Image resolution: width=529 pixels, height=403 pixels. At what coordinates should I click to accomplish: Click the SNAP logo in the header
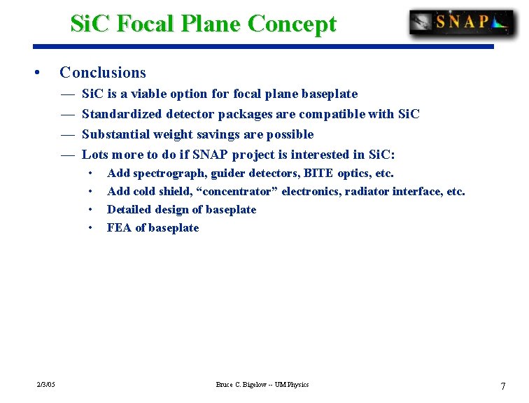[462, 22]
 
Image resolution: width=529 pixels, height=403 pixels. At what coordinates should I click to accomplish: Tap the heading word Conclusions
[103, 72]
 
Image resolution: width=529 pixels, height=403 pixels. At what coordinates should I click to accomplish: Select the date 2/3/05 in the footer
[47, 384]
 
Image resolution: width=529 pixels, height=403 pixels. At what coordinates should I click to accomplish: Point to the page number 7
[502, 386]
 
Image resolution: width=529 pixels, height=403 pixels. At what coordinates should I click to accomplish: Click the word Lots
[94, 155]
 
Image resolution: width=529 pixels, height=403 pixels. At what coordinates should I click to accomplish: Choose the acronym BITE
[318, 173]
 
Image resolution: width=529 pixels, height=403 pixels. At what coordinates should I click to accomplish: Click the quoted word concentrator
[236, 191]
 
